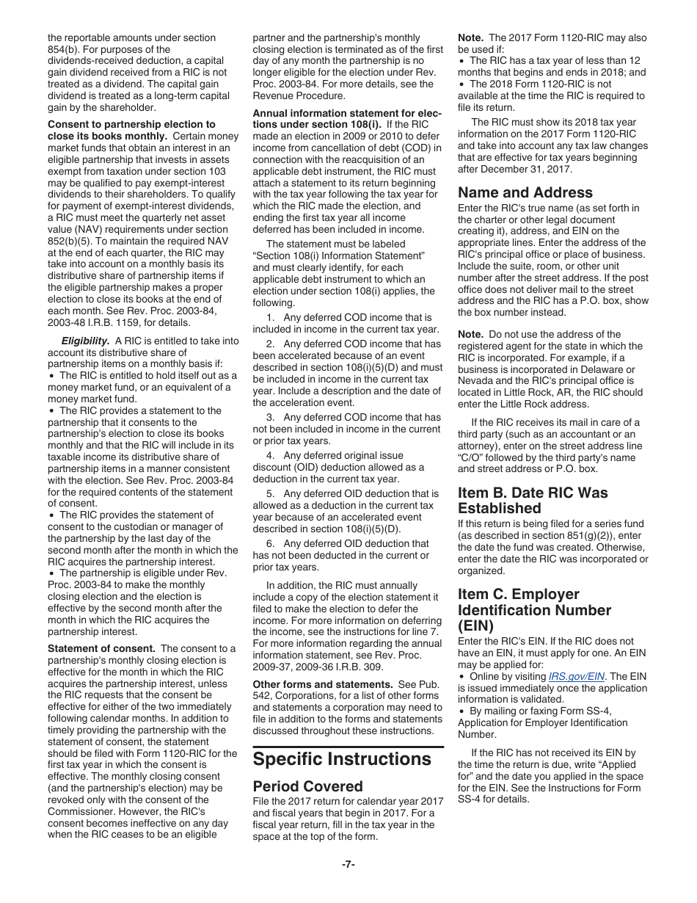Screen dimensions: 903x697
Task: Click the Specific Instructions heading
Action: pos(342,759)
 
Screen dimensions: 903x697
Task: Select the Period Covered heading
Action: pos(307,786)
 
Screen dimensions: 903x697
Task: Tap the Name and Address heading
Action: pos(525,193)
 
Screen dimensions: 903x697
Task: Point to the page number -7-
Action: pos(348,864)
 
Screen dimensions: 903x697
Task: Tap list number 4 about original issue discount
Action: pos(271,456)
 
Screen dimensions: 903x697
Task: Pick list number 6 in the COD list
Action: pos(271,544)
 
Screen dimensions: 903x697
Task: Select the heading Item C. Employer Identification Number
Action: pos(534,610)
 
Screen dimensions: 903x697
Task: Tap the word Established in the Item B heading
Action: pos(499,508)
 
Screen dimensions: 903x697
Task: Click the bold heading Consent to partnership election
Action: pos(131,125)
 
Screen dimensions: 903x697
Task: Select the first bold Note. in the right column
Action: pos(470,37)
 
